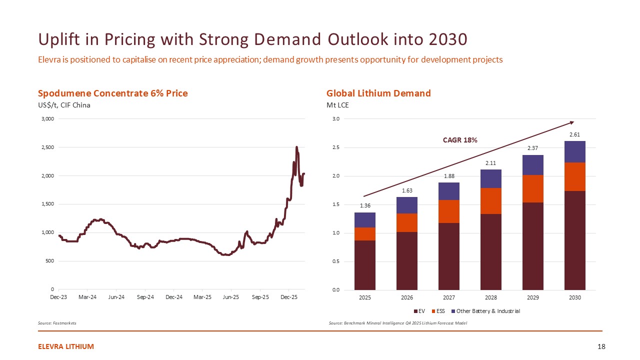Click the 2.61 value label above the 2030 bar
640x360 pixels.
pyautogui.click(x=574, y=134)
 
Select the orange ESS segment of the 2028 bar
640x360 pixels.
pyautogui.click(x=490, y=201)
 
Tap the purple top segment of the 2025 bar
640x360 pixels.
pyautogui.click(x=364, y=220)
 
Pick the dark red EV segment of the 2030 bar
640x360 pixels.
pyautogui.click(x=574, y=240)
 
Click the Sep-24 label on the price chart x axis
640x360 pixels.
pyautogui.click(x=145, y=297)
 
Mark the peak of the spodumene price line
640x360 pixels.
pyautogui.click(x=296, y=147)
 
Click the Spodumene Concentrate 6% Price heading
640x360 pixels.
pyautogui.click(x=113, y=93)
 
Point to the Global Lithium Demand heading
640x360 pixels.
pyautogui.click(x=378, y=93)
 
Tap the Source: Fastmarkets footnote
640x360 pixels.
pyautogui.click(x=57, y=323)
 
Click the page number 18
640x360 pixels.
pyautogui.click(x=601, y=346)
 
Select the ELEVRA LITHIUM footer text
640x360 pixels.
pyautogui.click(x=66, y=346)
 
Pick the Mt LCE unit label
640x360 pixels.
pyautogui.click(x=337, y=105)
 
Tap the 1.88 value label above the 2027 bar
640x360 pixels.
pyautogui.click(x=448, y=176)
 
